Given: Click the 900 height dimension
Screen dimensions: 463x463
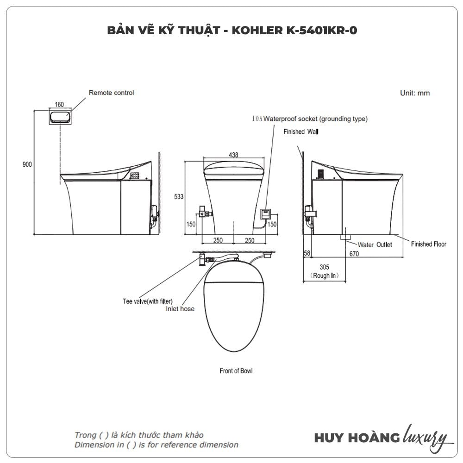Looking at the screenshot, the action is [27, 164].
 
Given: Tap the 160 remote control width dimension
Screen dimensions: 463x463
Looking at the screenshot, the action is [59, 104].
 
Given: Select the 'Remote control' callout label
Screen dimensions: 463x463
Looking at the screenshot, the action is [111, 93].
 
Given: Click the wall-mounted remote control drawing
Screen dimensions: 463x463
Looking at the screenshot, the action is [60, 117].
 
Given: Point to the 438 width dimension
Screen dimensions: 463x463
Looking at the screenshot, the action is [233, 155].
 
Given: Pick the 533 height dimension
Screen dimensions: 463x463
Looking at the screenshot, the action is [179, 196].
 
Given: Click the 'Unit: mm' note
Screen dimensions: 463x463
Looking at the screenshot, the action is [414, 93].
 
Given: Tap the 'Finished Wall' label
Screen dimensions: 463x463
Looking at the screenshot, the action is [301, 131].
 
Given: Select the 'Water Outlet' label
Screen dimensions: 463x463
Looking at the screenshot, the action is [375, 245].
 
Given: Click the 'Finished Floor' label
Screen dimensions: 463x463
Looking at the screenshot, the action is [428, 244].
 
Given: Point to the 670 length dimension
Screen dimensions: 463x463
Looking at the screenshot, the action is [354, 254].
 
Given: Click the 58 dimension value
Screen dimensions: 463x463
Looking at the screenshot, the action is [307, 253].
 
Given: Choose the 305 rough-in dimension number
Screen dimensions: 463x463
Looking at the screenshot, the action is [324, 267].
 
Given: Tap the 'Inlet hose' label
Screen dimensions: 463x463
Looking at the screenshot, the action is [180, 308].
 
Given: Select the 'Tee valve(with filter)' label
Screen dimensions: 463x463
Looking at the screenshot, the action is [148, 301].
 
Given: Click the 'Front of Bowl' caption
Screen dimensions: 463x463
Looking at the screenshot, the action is [236, 371].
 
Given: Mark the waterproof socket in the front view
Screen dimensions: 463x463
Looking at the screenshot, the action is [265, 214].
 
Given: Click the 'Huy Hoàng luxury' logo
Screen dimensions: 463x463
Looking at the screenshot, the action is [383, 438].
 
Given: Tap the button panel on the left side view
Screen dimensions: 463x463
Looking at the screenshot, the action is [135, 176].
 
